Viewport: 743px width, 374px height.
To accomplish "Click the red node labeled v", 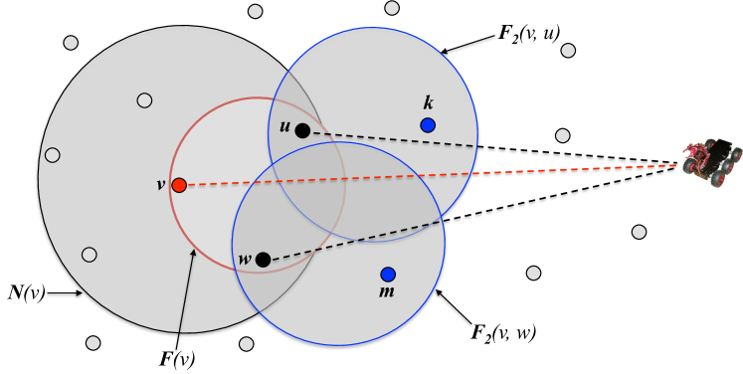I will (179, 185).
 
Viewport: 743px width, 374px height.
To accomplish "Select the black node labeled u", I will (302, 130).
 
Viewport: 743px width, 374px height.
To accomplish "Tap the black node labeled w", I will (263, 260).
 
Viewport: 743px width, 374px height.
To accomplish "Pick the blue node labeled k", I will (428, 125).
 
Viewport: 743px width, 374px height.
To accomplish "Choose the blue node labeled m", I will (388, 275).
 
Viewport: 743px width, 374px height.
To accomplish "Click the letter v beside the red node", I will (161, 185).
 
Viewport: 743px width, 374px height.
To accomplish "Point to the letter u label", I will (284, 127).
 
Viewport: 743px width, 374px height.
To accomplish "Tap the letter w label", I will (245, 260).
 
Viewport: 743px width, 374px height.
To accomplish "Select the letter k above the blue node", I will (429, 103).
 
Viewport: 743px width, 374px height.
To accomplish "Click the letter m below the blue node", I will (387, 291).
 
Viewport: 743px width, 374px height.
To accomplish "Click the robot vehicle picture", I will (711, 162).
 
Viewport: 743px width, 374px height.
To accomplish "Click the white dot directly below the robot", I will (639, 232).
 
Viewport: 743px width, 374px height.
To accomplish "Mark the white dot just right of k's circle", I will (563, 135).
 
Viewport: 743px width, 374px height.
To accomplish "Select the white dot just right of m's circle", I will (534, 273).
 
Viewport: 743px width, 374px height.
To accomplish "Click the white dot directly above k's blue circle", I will (392, 8).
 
